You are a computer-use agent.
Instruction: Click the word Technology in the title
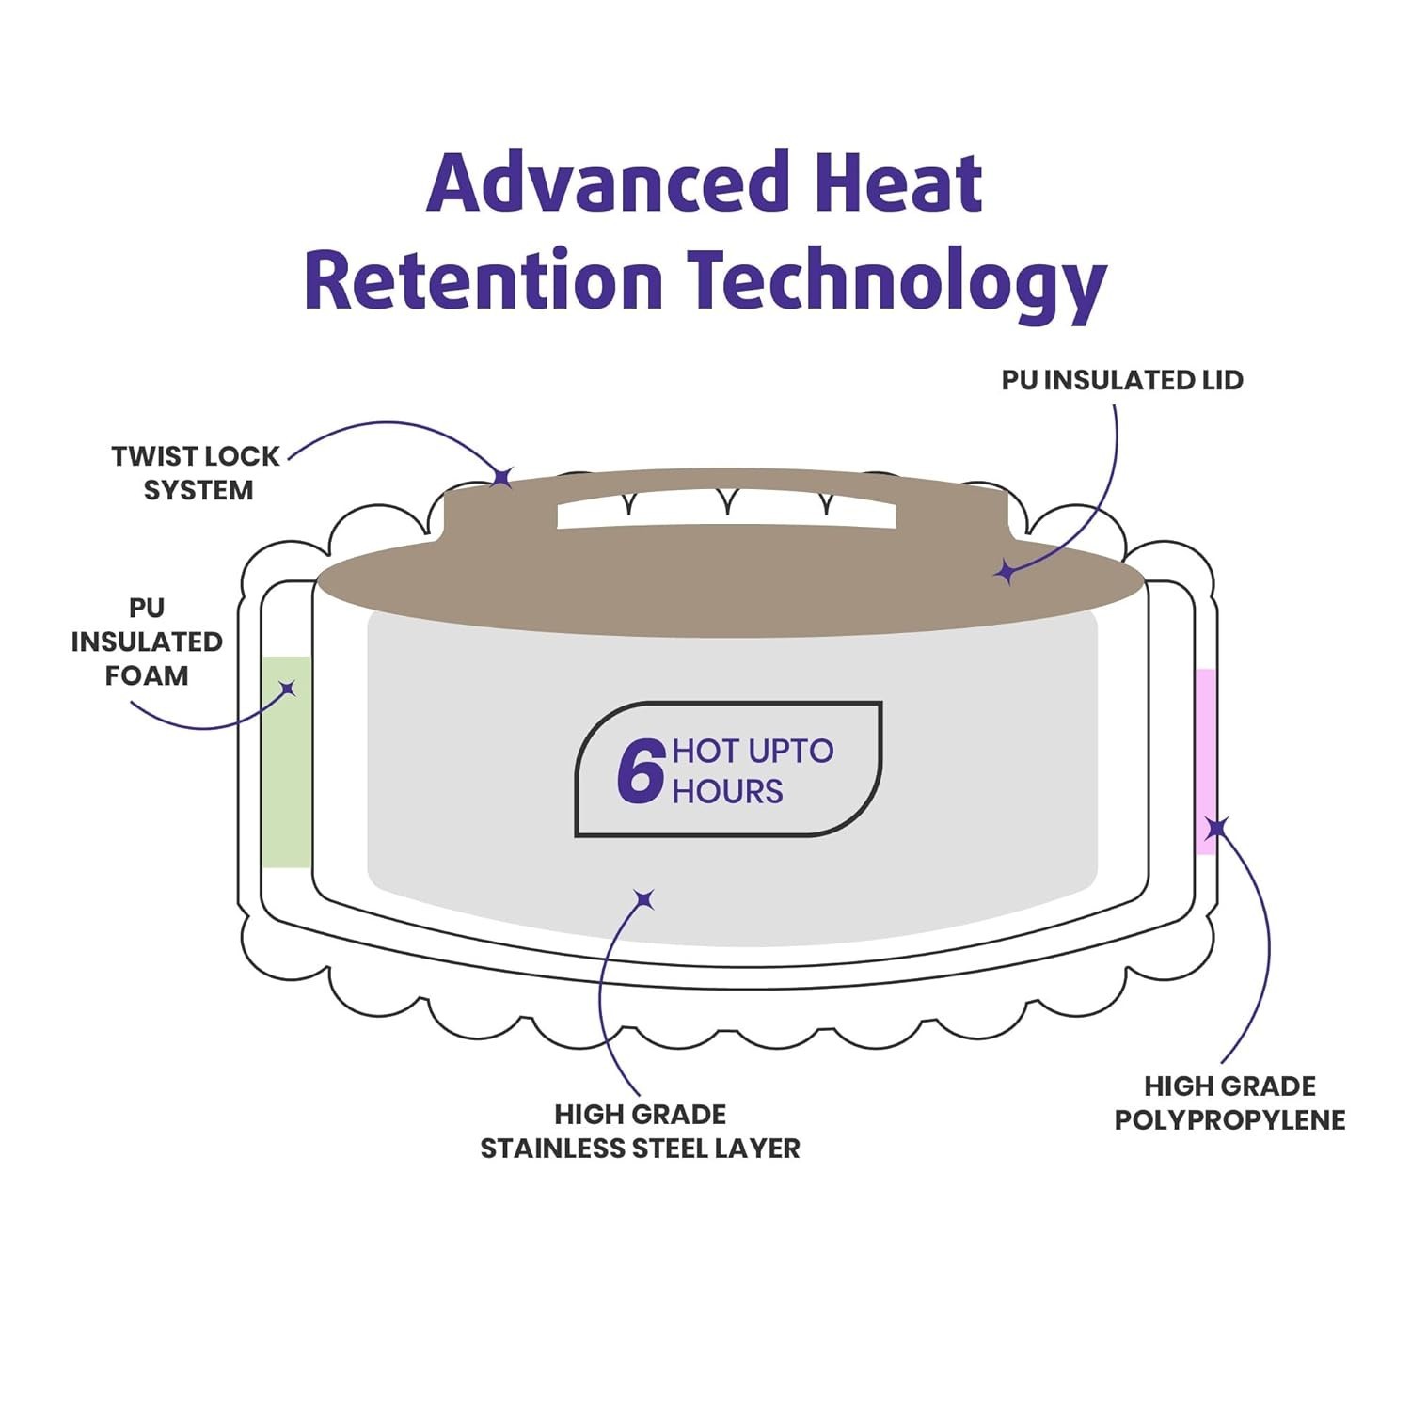click(896, 281)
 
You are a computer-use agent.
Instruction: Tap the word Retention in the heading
click(484, 279)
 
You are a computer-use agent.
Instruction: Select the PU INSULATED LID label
click(1122, 380)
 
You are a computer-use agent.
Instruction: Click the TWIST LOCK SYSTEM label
click(196, 473)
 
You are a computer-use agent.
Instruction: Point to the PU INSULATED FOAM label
click(147, 642)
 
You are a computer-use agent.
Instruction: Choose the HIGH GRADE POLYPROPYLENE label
click(1230, 1102)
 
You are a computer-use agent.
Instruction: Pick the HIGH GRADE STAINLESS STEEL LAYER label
click(641, 1131)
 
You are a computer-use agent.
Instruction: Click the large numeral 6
click(642, 770)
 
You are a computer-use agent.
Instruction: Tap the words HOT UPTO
click(753, 751)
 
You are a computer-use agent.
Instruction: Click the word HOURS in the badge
click(727, 791)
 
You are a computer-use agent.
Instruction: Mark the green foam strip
click(286, 762)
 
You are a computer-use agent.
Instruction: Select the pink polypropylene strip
click(1206, 762)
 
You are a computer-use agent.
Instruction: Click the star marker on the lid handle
click(503, 476)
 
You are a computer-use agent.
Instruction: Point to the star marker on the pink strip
click(1216, 828)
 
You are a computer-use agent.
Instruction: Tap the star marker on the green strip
click(288, 689)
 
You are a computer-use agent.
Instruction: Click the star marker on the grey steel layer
click(644, 900)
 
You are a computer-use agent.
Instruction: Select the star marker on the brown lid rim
click(1006, 571)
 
